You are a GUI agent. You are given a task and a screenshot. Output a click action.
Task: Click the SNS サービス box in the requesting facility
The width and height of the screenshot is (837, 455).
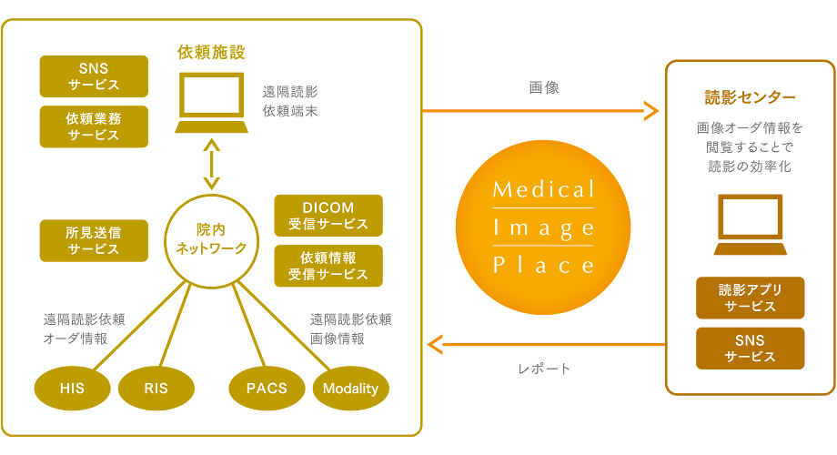pyautogui.click(x=94, y=76)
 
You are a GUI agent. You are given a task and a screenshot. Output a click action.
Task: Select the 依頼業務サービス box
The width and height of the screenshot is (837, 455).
pyautogui.click(x=94, y=126)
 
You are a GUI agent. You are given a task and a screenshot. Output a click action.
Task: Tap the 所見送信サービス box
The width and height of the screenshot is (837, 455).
pyautogui.click(x=94, y=240)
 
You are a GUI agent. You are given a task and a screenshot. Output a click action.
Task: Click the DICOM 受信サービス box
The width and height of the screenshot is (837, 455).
pyautogui.click(x=328, y=216)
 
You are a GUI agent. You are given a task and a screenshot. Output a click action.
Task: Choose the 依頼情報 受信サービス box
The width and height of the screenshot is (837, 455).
pyautogui.click(x=328, y=266)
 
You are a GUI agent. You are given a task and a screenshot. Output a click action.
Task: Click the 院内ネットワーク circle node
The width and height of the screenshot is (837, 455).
pyautogui.click(x=210, y=239)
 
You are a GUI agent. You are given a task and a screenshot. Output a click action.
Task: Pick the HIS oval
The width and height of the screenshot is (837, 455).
pyautogui.click(x=72, y=389)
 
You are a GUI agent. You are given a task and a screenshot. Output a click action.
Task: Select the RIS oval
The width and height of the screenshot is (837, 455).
pyautogui.click(x=156, y=389)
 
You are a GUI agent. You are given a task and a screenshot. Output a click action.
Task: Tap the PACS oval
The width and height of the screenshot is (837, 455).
pyautogui.click(x=267, y=388)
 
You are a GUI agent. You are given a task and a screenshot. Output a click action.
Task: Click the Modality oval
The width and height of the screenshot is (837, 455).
pyautogui.click(x=351, y=389)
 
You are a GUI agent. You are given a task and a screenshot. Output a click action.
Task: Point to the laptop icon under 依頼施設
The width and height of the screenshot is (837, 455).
pyautogui.click(x=211, y=102)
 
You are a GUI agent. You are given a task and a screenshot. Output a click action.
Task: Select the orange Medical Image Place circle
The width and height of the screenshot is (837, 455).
pyautogui.click(x=543, y=227)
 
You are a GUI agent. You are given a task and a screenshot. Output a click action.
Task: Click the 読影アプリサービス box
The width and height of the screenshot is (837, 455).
pyautogui.click(x=750, y=298)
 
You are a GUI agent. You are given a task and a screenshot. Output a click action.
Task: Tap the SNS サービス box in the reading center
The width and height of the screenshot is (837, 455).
pyautogui.click(x=750, y=349)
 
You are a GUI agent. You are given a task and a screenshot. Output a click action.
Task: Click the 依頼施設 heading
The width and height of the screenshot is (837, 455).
pyautogui.click(x=211, y=52)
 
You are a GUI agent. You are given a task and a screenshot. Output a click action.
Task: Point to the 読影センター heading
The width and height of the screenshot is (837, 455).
pyautogui.click(x=750, y=97)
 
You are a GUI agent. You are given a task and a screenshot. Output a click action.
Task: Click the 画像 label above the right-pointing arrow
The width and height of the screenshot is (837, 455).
pyautogui.click(x=543, y=88)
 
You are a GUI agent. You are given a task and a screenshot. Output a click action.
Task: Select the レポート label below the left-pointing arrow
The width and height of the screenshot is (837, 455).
pyautogui.click(x=543, y=369)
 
